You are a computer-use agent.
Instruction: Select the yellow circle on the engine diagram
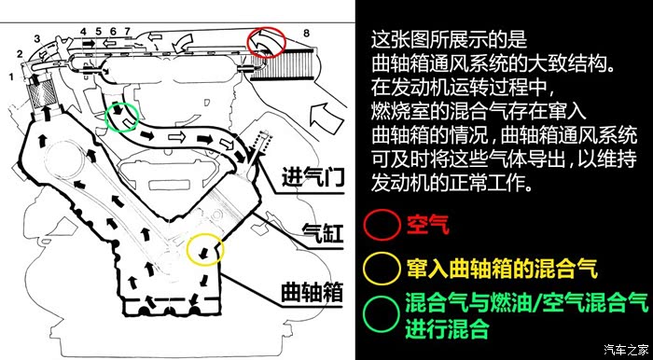[x=187, y=250]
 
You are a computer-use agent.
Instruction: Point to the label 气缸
[x=323, y=233]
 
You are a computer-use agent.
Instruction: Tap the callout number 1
[x=11, y=76]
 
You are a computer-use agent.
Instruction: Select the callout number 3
[x=37, y=39]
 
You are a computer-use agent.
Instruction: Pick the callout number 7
[x=127, y=31]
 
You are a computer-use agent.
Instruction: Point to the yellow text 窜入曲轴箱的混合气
[x=502, y=269]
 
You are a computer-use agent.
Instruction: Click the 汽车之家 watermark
[x=627, y=349]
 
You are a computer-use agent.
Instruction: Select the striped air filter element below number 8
[x=284, y=65]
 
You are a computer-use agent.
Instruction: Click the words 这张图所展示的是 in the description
[x=449, y=39]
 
